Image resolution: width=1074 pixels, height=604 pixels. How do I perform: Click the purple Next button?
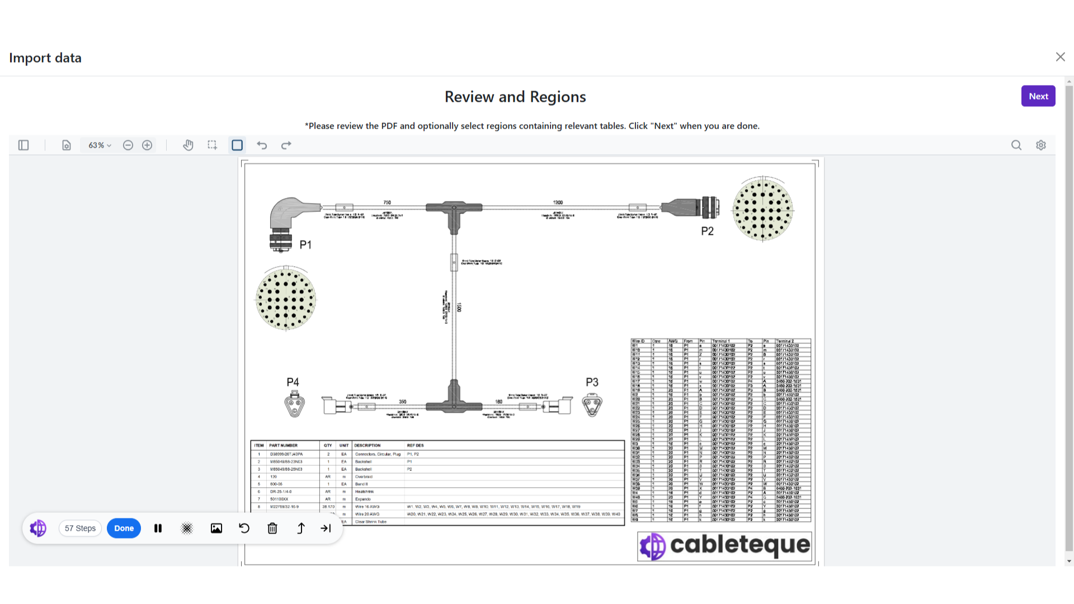pos(1038,96)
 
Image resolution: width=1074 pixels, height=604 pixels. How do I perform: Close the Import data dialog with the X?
pos(1060,57)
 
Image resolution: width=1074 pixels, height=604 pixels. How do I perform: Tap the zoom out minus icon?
pos(128,145)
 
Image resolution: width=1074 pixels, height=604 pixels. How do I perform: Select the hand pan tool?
pos(188,145)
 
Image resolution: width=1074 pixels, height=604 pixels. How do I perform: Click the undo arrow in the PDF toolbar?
pos(262,145)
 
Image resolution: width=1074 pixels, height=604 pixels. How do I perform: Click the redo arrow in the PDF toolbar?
pos(286,145)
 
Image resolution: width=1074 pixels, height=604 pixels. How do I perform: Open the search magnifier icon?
pos(1016,145)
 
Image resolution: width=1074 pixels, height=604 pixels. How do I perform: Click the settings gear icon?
pos(1041,145)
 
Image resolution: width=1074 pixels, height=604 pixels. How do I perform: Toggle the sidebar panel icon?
pos(23,145)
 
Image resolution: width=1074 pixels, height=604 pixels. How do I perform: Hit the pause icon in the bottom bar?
pos(158,528)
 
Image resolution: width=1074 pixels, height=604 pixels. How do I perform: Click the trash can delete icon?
pos(272,528)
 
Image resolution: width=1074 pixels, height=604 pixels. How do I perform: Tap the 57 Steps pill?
pos(80,528)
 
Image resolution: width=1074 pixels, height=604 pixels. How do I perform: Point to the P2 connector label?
pos(708,232)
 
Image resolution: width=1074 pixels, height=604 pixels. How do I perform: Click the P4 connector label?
pos(293,383)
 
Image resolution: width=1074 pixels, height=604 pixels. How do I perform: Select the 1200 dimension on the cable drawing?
pos(558,202)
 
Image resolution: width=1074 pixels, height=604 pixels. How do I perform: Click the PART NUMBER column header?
pos(283,446)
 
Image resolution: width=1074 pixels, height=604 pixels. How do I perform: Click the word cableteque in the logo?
pos(739,545)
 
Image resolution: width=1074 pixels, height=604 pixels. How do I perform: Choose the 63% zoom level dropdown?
pos(100,145)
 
